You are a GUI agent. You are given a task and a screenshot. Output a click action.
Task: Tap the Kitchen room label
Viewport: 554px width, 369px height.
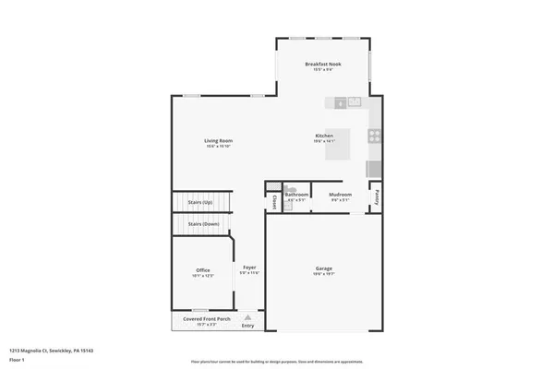[x=324, y=136]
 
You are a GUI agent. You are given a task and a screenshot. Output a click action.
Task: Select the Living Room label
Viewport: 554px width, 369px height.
[x=218, y=140]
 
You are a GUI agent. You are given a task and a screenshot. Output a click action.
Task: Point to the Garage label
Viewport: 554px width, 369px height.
[x=324, y=269]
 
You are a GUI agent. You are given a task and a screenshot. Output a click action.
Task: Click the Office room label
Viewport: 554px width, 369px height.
[x=202, y=269]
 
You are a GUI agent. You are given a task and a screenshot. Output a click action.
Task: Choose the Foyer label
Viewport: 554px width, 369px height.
[x=249, y=268]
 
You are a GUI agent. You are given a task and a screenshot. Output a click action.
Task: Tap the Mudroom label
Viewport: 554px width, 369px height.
[x=339, y=195]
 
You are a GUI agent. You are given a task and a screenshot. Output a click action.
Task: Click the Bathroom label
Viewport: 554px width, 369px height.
[x=296, y=195]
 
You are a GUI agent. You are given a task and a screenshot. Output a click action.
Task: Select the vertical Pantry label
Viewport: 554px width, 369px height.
[x=377, y=196]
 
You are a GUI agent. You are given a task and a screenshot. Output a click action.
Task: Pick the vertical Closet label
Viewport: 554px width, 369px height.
[x=274, y=200]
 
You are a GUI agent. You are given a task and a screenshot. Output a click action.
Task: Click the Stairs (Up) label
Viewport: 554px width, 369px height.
[x=200, y=201]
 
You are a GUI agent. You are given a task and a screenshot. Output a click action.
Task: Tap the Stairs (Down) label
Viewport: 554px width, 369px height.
[x=203, y=224]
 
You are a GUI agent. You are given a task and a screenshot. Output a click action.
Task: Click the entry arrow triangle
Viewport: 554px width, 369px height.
[x=247, y=316]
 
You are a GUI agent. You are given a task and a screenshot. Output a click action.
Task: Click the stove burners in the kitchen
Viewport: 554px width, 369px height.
[x=375, y=137]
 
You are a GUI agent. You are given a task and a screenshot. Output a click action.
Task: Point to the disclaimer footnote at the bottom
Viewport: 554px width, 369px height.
[x=276, y=363]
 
